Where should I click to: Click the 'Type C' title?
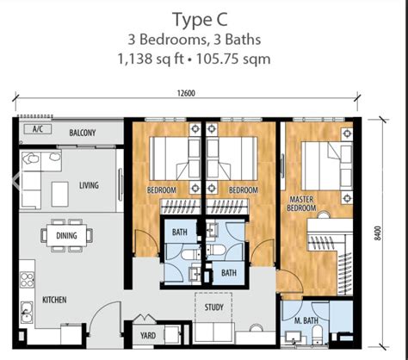tap(204, 19)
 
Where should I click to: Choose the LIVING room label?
tap(89, 184)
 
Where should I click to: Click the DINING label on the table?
tap(66, 235)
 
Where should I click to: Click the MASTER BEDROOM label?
tap(300, 203)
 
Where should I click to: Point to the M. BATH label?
tap(308, 321)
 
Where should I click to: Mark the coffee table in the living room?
tap(61, 189)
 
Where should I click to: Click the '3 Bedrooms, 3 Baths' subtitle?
tap(204, 40)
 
